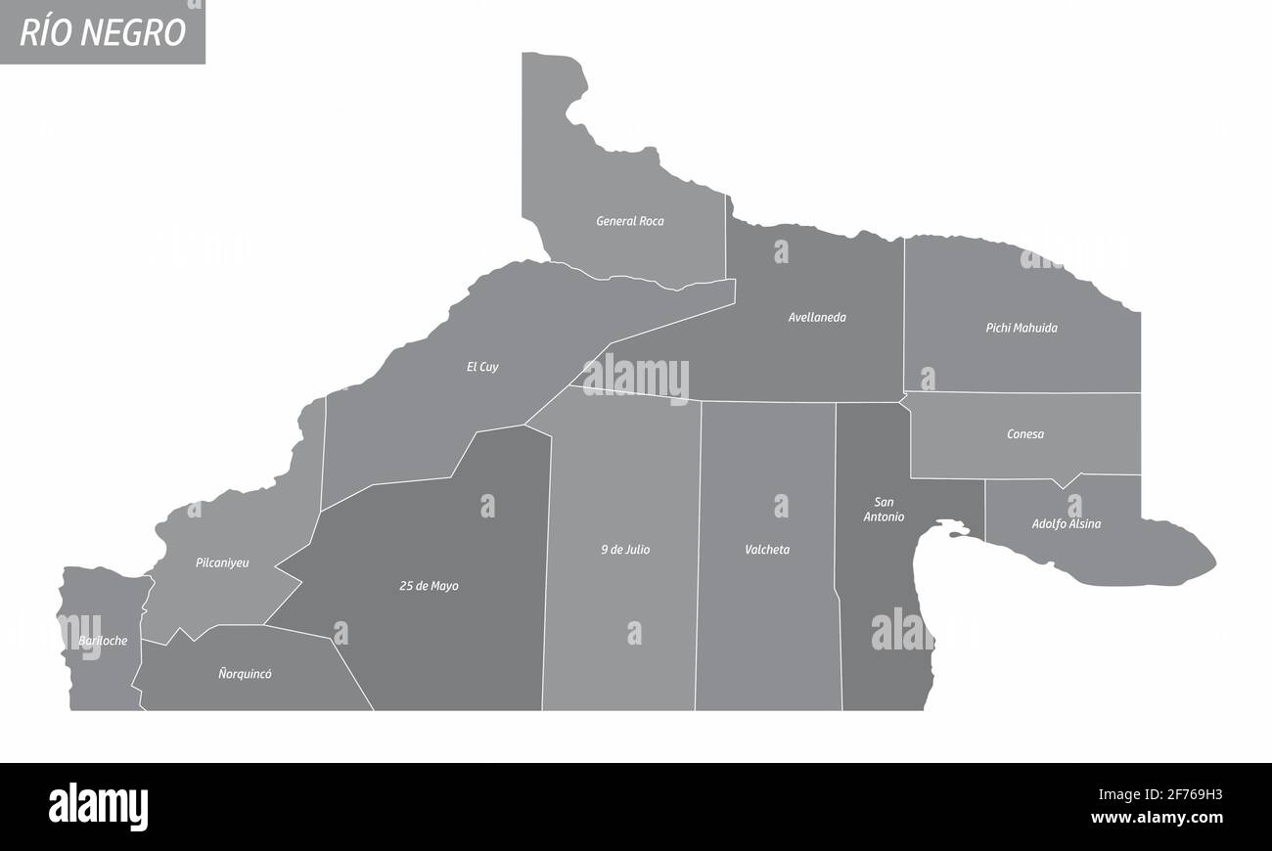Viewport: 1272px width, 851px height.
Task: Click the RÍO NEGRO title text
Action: [x=102, y=31]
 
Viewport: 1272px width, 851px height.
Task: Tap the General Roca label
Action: [x=630, y=221]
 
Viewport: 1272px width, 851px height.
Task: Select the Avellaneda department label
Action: [x=817, y=317]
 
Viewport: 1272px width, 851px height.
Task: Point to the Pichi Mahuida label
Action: [x=1021, y=328]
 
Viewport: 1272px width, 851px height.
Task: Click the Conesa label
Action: [x=1024, y=433]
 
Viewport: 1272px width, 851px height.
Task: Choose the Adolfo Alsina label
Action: [x=1066, y=523]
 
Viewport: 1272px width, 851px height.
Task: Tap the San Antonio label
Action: [x=884, y=510]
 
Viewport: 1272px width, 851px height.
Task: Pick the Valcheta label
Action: [x=767, y=550]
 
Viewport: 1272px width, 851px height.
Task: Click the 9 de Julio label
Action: [x=625, y=550]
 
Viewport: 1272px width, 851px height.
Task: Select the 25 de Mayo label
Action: [x=429, y=586]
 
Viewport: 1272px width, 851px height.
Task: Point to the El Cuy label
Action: [x=482, y=367]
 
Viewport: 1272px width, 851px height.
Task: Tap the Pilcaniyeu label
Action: [x=222, y=562]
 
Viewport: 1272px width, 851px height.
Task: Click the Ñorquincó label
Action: [x=245, y=674]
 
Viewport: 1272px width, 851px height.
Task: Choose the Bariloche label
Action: [x=102, y=641]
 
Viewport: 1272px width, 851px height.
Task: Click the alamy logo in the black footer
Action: [x=98, y=807]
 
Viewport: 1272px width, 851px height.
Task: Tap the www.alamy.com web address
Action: [x=1157, y=818]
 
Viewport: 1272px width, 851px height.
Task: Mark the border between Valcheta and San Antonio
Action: [x=838, y=548]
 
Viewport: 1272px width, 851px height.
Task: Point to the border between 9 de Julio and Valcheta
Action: [x=698, y=548]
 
